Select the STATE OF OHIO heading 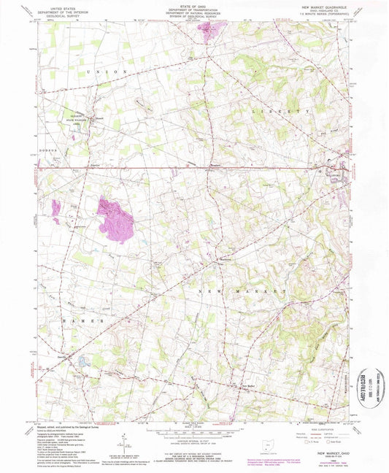[193, 5]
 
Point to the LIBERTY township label [292, 109]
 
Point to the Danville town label [63, 355]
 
